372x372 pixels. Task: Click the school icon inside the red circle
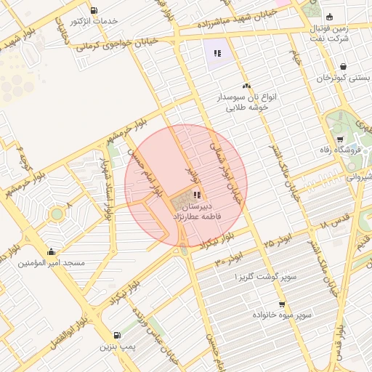(x=198, y=194)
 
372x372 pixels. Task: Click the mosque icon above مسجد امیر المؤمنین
(x=51, y=252)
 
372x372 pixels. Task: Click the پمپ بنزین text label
(x=118, y=347)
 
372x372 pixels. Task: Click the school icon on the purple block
(x=216, y=52)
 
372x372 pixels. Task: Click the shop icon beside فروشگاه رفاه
(x=339, y=139)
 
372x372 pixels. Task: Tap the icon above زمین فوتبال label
(x=330, y=17)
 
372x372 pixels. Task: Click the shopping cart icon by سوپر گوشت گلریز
(x=280, y=270)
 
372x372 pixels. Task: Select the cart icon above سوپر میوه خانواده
(x=281, y=304)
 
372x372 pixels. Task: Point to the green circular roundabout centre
(x=56, y=214)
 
